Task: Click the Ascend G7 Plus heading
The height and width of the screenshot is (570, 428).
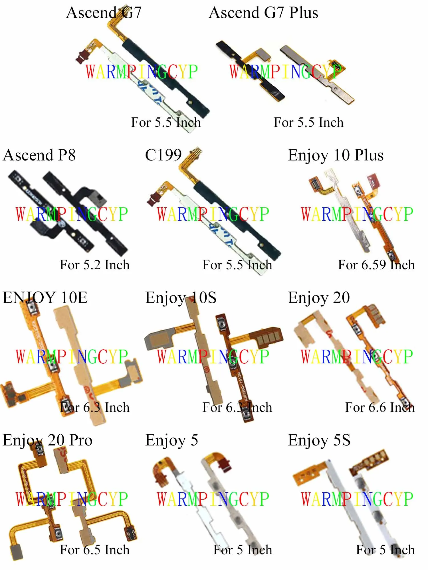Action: [263, 13]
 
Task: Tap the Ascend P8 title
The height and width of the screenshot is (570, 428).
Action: [39, 155]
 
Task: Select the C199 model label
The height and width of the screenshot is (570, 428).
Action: [163, 155]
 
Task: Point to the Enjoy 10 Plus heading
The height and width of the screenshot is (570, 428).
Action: [336, 155]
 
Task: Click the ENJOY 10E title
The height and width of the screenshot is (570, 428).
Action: [45, 298]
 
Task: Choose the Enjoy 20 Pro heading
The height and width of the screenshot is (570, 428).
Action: [48, 440]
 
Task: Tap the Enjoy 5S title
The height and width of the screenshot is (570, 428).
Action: [319, 440]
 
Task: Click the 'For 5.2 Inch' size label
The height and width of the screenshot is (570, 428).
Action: [94, 265]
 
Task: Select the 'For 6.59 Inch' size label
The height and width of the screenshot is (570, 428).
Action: [376, 265]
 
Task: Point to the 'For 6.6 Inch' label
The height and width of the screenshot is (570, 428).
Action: [380, 408]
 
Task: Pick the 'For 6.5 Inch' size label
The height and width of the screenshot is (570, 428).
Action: [94, 550]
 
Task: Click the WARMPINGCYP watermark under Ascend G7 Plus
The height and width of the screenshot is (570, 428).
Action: [285, 72]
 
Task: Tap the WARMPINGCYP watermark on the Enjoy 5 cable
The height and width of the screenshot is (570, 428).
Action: [213, 499]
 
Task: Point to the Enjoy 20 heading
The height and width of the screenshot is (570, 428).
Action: [319, 298]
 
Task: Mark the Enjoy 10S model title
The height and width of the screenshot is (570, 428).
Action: [181, 298]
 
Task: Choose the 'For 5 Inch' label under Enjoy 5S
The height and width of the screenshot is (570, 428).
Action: [385, 550]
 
